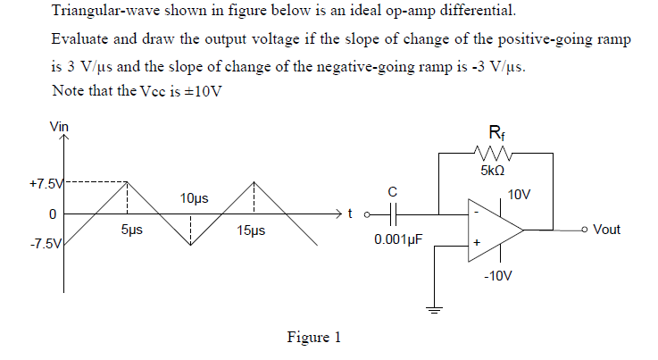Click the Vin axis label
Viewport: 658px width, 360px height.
(57, 128)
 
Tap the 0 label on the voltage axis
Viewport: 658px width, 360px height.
(53, 214)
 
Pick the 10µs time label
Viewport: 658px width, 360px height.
(194, 197)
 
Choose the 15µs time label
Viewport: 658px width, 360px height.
(251, 231)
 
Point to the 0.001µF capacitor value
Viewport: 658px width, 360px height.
(397, 240)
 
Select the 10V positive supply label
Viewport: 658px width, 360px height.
(520, 194)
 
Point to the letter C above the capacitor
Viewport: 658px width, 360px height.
(393, 191)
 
